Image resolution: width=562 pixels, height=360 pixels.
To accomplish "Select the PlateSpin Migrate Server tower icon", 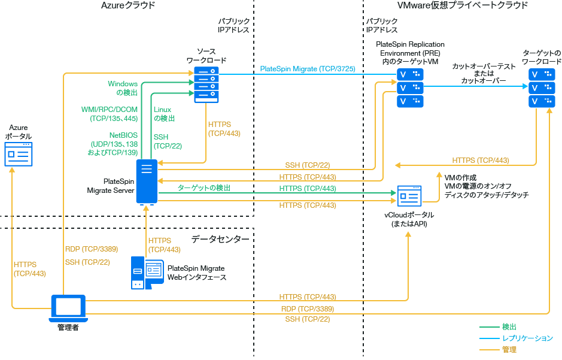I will (x=147, y=181).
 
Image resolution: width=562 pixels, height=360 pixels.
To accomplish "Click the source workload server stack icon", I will (x=206, y=85).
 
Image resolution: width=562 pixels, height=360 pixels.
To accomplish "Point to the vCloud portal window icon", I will (x=409, y=195).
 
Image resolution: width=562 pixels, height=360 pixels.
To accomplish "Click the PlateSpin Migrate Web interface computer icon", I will (x=147, y=273).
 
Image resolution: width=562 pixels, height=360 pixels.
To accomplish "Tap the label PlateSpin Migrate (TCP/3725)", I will (x=308, y=69).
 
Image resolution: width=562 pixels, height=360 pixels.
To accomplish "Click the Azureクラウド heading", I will (x=128, y=5).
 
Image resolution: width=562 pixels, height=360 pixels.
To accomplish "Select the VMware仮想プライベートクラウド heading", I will (x=463, y=5).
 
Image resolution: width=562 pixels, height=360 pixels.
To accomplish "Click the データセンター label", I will (x=220, y=239).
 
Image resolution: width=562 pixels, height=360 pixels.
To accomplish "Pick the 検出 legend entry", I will (x=509, y=326).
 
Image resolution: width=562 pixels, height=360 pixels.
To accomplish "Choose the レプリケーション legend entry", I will (x=527, y=338).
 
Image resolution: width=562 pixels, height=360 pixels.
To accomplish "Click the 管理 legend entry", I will (x=509, y=349).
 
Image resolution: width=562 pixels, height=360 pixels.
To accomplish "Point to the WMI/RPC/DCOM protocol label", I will (x=109, y=110).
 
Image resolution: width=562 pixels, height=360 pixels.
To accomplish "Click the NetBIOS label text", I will (x=123, y=135).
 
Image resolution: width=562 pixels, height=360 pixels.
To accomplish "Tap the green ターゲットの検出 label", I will (x=203, y=188).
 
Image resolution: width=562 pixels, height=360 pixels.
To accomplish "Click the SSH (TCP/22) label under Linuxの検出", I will (x=168, y=141).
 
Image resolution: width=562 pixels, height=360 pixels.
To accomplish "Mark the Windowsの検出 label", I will (x=123, y=88).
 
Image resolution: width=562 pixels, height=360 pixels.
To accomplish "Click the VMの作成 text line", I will (x=461, y=178).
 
